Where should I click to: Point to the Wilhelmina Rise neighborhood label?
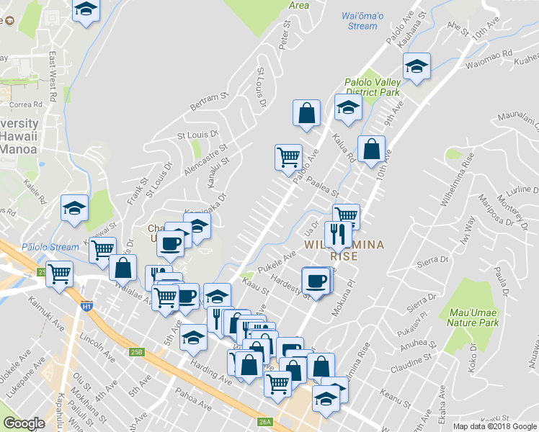[x=344, y=251]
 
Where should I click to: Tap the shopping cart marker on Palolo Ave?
[x=289, y=156]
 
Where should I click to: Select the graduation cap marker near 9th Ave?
[x=416, y=66]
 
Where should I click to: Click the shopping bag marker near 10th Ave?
[x=370, y=150]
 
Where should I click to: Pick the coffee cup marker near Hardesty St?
[x=316, y=280]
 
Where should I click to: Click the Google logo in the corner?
[x=24, y=423]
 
